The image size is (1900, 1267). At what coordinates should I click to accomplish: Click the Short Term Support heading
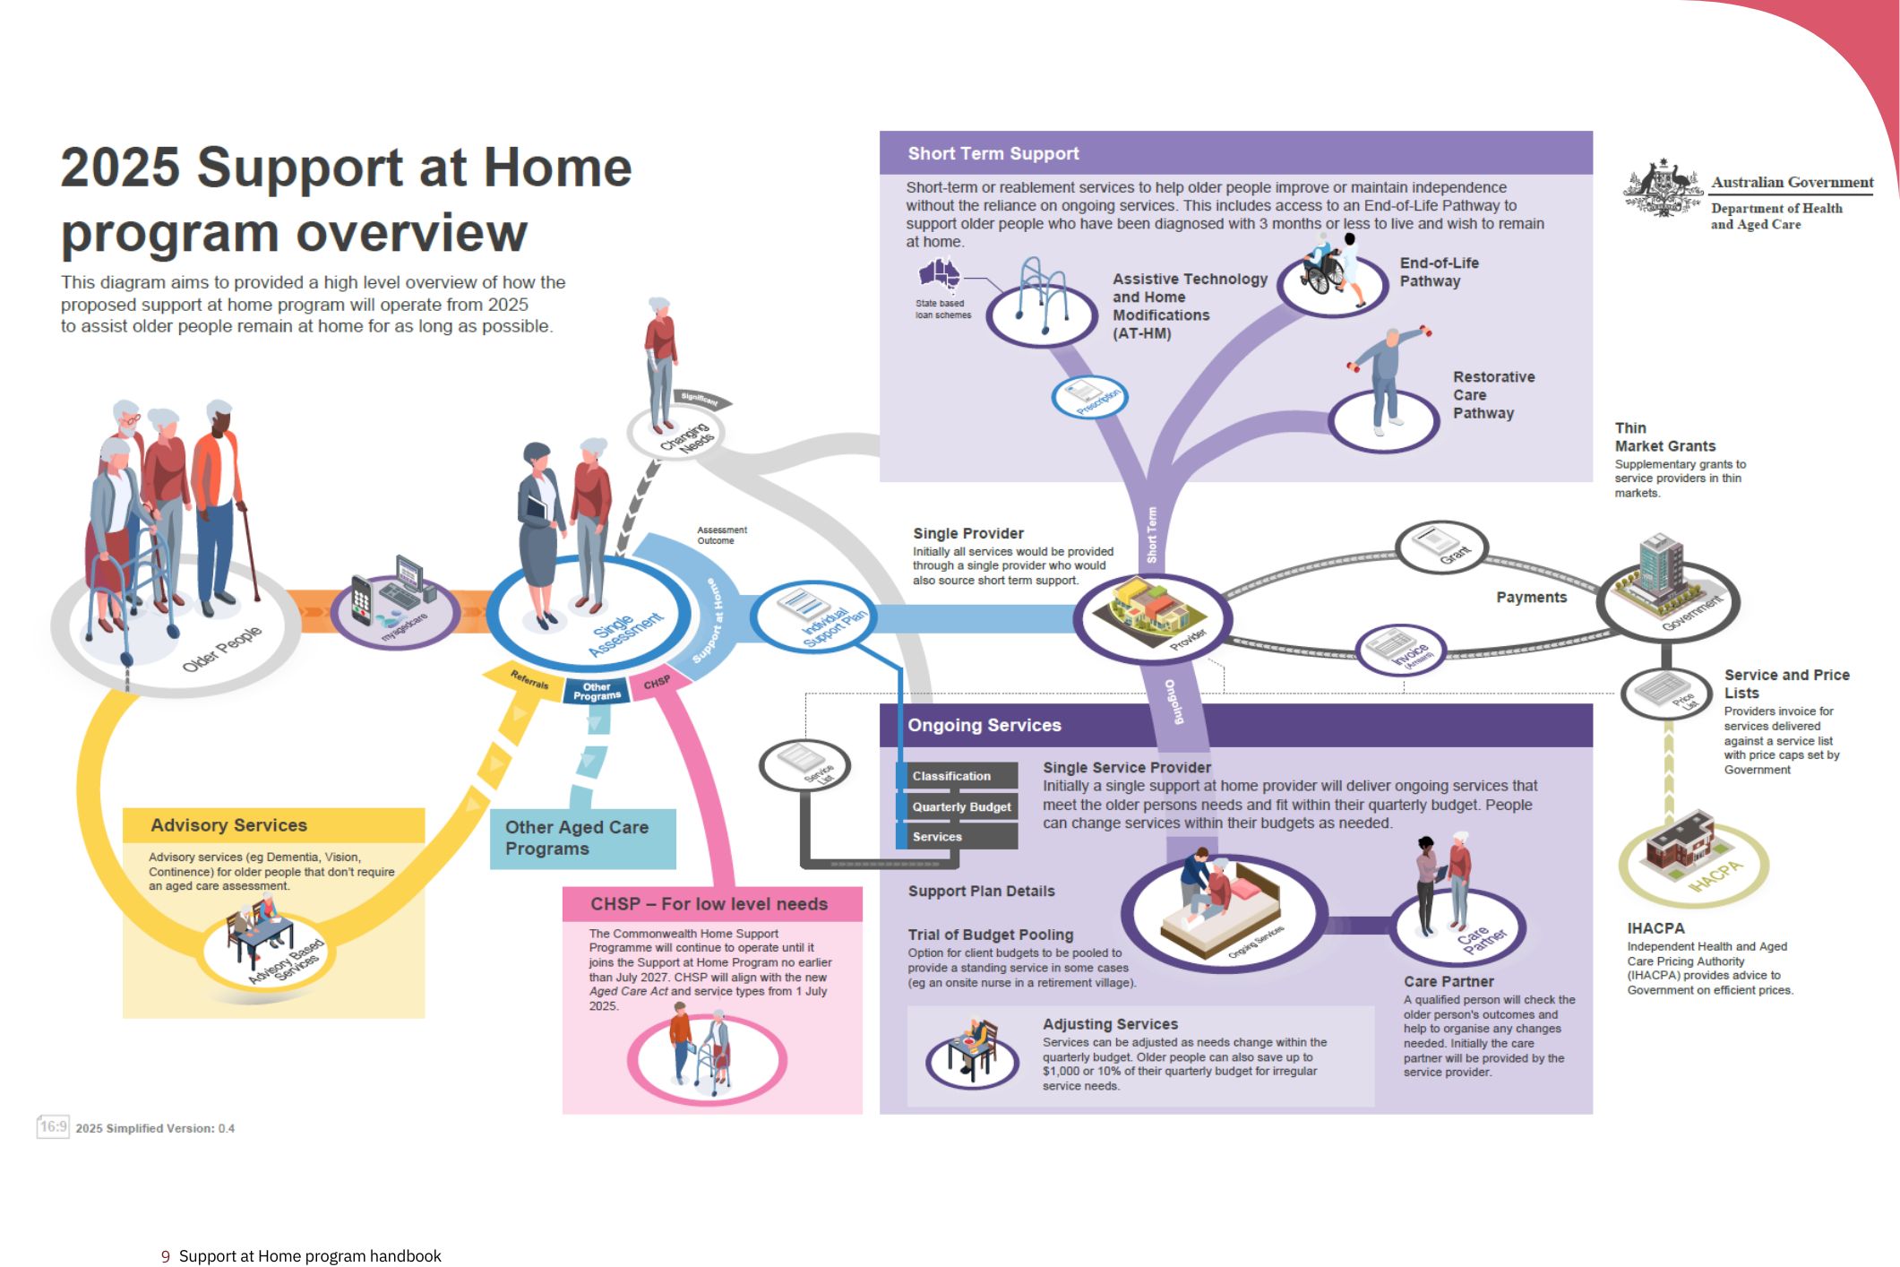993,153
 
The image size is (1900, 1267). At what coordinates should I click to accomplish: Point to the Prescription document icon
1088,397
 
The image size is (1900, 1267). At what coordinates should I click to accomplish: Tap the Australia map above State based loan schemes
939,273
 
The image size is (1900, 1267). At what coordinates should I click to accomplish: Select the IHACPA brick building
1680,843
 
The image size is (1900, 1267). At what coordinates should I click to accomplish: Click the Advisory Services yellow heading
229,825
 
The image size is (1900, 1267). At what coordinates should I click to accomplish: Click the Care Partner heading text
1448,981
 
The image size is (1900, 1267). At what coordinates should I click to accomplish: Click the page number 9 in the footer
165,1256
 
